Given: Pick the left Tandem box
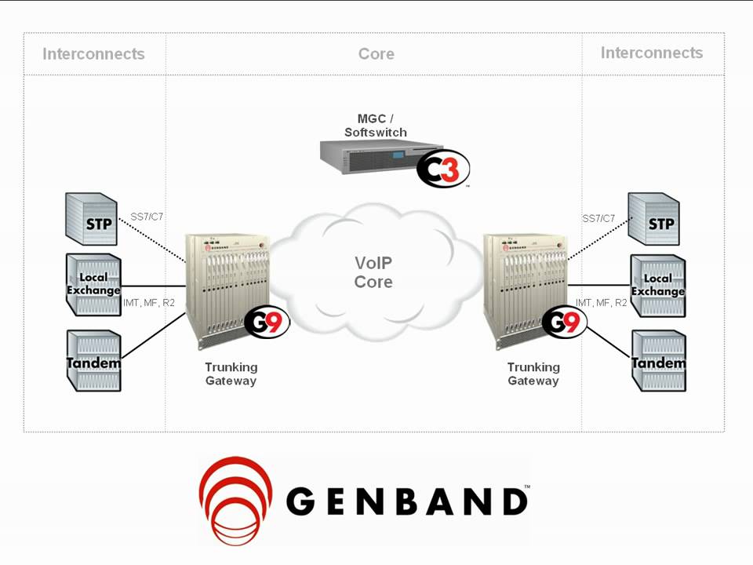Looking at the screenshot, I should pos(93,361).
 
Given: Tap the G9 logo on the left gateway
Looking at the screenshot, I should pos(267,323).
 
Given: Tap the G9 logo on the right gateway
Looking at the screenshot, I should pos(563,323).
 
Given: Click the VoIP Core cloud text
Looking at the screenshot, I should pos(373,272).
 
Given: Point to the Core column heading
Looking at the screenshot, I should pos(376,54).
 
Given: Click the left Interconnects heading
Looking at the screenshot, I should pos(93,54).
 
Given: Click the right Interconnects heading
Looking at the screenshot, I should pos(652,53).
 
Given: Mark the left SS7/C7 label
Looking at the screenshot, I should pos(147,217).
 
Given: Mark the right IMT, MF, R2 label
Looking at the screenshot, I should pos(602,303).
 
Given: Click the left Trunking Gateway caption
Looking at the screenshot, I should pos(231,374).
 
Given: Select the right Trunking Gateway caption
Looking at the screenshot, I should pos(533,374).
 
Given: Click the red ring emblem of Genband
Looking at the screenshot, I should pos(235,499).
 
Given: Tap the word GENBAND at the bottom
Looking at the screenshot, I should pos(406,501).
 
